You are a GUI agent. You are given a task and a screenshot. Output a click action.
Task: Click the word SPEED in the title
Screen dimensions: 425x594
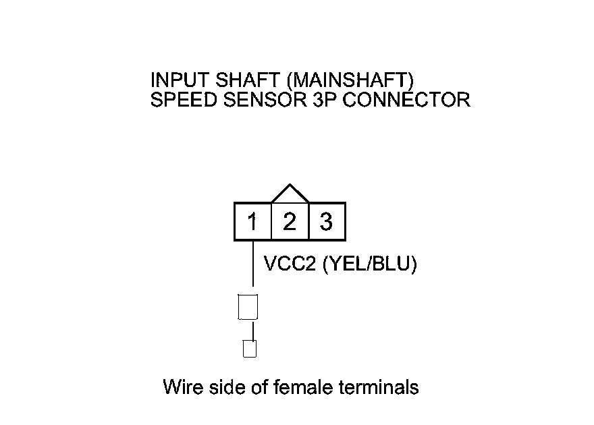pyautogui.click(x=176, y=100)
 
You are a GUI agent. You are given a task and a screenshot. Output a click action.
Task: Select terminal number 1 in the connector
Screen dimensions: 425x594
pyautogui.click(x=252, y=221)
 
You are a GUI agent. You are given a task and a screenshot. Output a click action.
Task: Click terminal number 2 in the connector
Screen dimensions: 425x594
pyautogui.click(x=290, y=221)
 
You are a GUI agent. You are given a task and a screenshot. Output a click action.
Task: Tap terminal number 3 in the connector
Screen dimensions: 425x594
pyautogui.click(x=327, y=221)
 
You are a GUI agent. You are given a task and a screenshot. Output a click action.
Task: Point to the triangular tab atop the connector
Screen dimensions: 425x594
pyautogui.click(x=290, y=194)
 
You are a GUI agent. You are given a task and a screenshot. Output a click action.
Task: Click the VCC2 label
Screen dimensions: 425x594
pyautogui.click(x=291, y=264)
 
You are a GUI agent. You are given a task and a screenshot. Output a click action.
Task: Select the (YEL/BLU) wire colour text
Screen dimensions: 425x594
pyautogui.click(x=371, y=264)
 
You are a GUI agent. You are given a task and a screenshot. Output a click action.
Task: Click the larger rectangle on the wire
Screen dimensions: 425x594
pyautogui.click(x=248, y=307)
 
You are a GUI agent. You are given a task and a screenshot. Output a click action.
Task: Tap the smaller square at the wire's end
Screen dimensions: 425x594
pyautogui.click(x=250, y=349)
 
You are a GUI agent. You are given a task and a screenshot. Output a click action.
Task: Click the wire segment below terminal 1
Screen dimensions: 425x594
pyautogui.click(x=252, y=266)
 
